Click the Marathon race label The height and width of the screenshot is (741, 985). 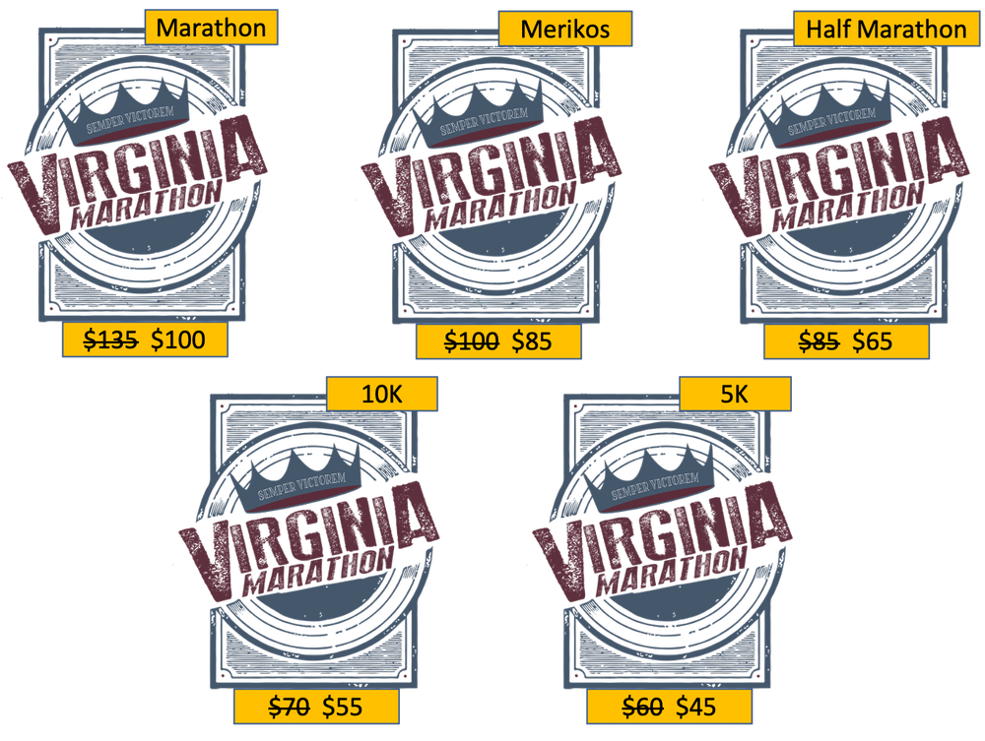pos(211,29)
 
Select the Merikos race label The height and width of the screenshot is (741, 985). pos(564,30)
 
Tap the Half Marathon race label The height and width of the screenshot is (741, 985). pos(885,30)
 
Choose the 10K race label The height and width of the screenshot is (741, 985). pos(381,395)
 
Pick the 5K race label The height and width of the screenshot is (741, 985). pos(734,395)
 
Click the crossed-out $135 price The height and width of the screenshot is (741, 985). pos(109,340)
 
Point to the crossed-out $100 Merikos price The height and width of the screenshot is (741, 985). pos(472,341)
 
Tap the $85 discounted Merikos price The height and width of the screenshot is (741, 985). pos(532,341)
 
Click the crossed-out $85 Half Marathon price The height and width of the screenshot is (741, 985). pos(818,341)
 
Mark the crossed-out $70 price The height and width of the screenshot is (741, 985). pos(289,706)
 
